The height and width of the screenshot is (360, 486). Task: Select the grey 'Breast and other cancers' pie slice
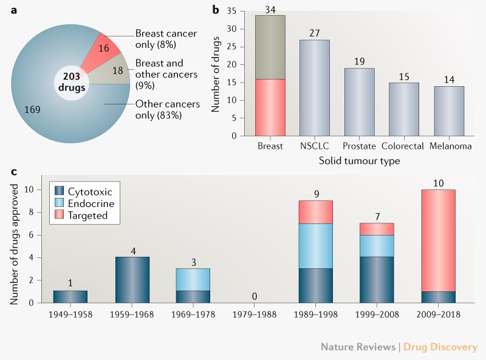[x=113, y=70]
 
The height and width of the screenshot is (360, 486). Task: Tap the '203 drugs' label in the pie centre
[x=70, y=83]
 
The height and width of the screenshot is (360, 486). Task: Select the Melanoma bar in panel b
[x=449, y=111]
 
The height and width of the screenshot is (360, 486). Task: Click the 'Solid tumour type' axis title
[x=360, y=160]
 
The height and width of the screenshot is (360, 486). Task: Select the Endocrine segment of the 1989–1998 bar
[x=316, y=246]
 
